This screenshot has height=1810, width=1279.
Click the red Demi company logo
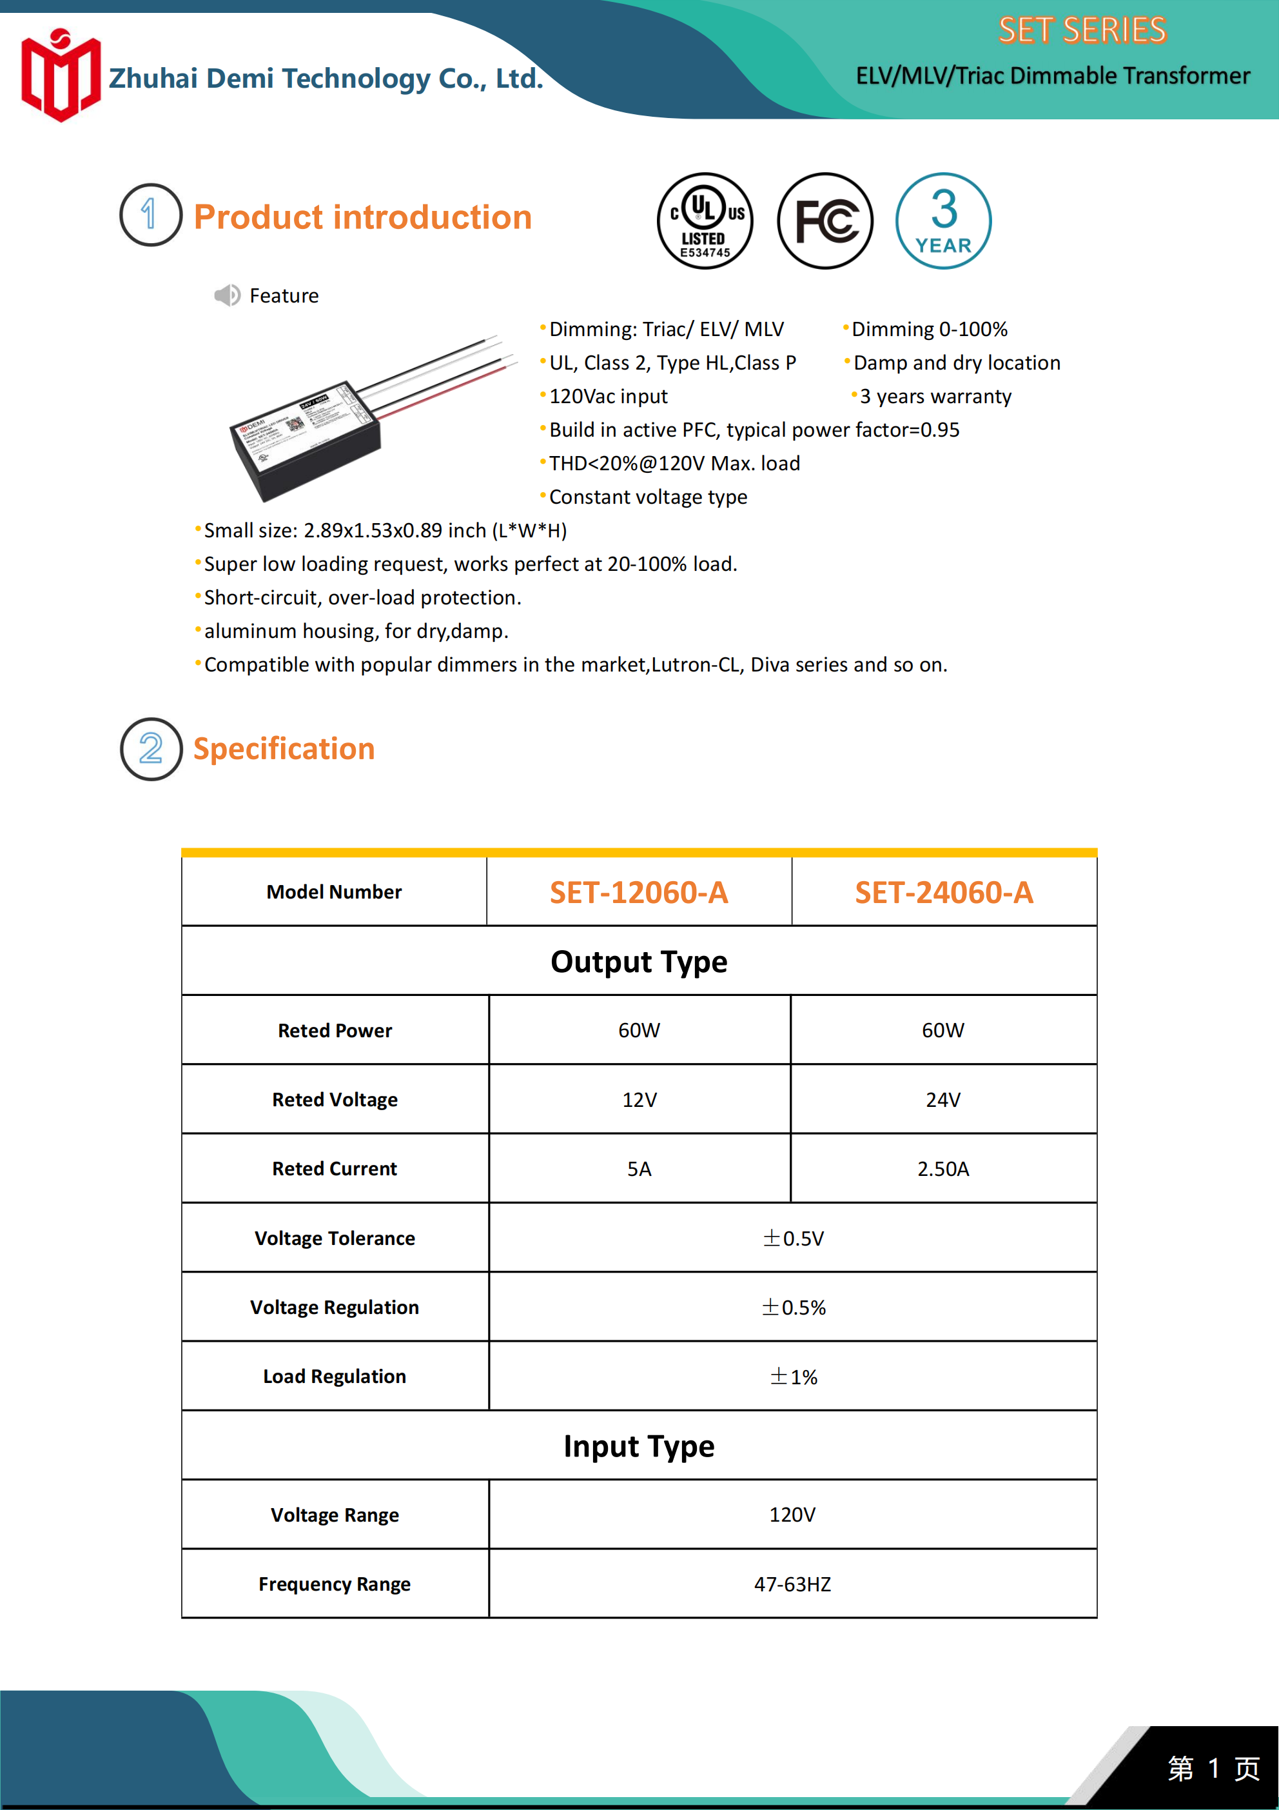tap(61, 75)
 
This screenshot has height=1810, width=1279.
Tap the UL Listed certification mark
tap(705, 221)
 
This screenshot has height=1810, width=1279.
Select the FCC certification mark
tap(825, 221)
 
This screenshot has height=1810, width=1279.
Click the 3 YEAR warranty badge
tap(943, 221)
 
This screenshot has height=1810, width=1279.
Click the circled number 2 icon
tap(150, 749)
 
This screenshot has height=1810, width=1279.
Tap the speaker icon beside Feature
tap(227, 295)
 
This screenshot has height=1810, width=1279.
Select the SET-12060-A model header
tap(639, 892)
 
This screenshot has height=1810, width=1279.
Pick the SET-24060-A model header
tap(944, 892)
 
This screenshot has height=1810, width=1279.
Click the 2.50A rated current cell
tap(943, 1169)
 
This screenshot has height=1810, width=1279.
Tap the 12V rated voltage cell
tap(639, 1100)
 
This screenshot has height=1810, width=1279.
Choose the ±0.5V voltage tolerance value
tap(793, 1238)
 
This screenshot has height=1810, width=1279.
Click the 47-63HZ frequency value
tap(793, 1584)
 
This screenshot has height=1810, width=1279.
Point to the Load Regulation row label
tap(335, 1377)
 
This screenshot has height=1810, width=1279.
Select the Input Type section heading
tap(639, 1446)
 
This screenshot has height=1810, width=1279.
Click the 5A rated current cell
tap(639, 1169)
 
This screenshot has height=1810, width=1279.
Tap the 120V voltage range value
tap(793, 1515)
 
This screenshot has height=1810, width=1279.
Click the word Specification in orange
tap(284, 749)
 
